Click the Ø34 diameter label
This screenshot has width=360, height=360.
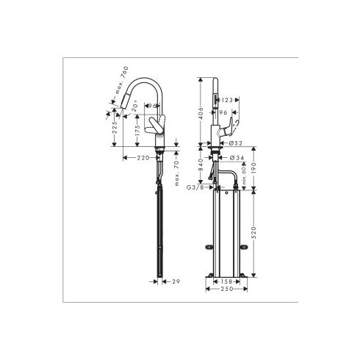click(x=226, y=156)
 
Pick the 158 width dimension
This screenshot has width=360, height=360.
click(x=226, y=281)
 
